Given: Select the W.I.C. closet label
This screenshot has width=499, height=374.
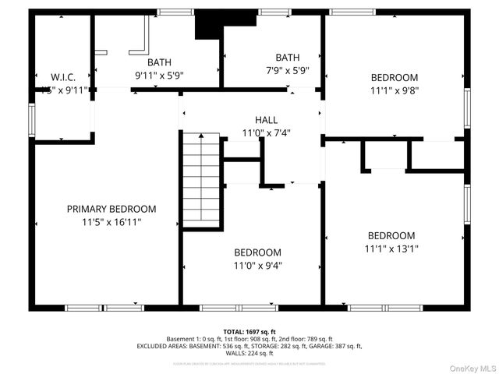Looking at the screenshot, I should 63,77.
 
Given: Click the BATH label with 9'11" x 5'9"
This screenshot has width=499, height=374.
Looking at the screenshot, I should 159,62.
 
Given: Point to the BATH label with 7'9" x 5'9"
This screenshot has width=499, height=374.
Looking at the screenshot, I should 287,57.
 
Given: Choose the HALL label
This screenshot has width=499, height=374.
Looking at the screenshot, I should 266,119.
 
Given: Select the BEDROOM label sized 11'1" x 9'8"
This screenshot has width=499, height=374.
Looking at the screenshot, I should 394,77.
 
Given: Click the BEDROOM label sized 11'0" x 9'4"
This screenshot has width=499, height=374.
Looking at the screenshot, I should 257,252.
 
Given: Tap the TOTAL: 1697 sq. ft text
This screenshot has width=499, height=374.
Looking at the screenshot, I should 249,332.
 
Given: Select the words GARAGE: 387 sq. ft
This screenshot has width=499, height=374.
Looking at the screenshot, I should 335,346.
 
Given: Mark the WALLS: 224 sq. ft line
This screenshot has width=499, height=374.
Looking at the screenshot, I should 249,353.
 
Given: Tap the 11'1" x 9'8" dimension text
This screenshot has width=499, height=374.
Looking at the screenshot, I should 394,91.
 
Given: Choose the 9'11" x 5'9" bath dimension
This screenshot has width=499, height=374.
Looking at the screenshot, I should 159,76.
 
